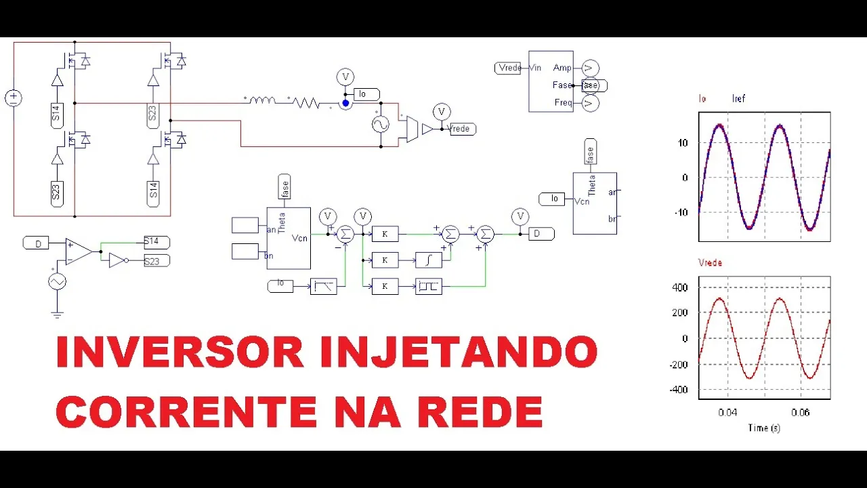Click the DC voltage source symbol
14,98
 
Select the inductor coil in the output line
261,101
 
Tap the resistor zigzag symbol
306,102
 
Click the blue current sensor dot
345,103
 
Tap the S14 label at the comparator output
156,242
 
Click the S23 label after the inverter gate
156,261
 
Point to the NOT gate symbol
118,261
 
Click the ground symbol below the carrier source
57,314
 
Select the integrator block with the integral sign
428,260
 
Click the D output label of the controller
541,234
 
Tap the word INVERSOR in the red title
179,352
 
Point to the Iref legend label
738,99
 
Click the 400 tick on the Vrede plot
680,287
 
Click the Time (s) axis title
763,428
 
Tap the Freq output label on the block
562,103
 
